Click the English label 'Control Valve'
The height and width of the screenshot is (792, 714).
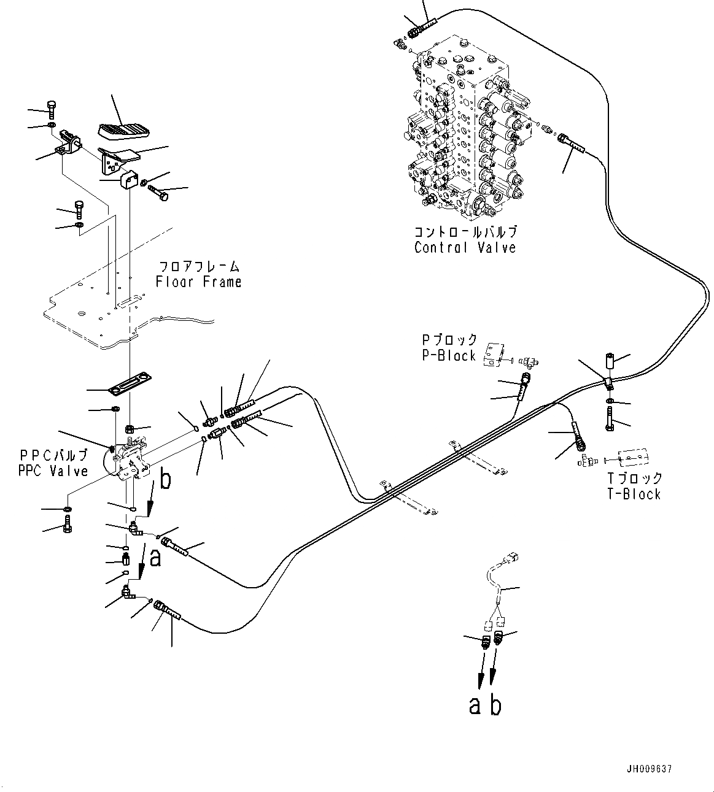click(x=465, y=248)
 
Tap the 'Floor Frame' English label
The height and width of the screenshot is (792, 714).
click(x=198, y=282)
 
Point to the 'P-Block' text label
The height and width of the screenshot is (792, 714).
click(x=448, y=356)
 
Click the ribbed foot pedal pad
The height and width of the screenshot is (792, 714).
click(x=124, y=129)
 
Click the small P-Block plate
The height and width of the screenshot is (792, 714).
click(x=495, y=354)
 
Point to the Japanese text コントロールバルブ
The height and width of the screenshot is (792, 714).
click(x=465, y=233)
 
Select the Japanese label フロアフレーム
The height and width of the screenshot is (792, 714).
click(x=198, y=267)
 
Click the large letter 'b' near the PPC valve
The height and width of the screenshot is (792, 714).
click(x=166, y=480)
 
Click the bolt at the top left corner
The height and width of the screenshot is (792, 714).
click(x=52, y=110)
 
